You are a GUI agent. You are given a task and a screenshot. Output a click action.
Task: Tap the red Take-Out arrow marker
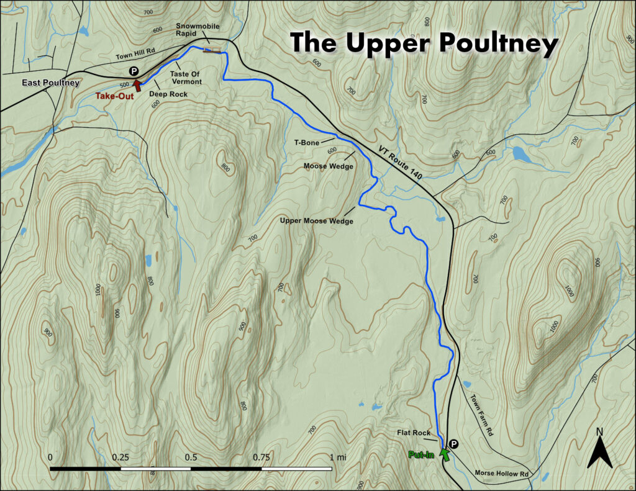tap(137, 86)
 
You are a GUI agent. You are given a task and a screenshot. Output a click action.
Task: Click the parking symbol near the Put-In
tap(453, 444)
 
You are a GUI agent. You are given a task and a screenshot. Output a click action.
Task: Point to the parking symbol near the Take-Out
tap(133, 72)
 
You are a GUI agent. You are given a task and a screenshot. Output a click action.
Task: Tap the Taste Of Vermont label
tap(187, 78)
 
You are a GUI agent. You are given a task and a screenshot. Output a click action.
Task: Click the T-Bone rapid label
tap(307, 143)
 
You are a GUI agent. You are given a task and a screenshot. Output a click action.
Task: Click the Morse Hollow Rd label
tap(501, 474)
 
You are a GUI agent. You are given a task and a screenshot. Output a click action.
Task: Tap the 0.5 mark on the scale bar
tap(191, 457)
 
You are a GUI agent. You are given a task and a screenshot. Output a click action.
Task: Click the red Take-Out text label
tap(114, 96)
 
